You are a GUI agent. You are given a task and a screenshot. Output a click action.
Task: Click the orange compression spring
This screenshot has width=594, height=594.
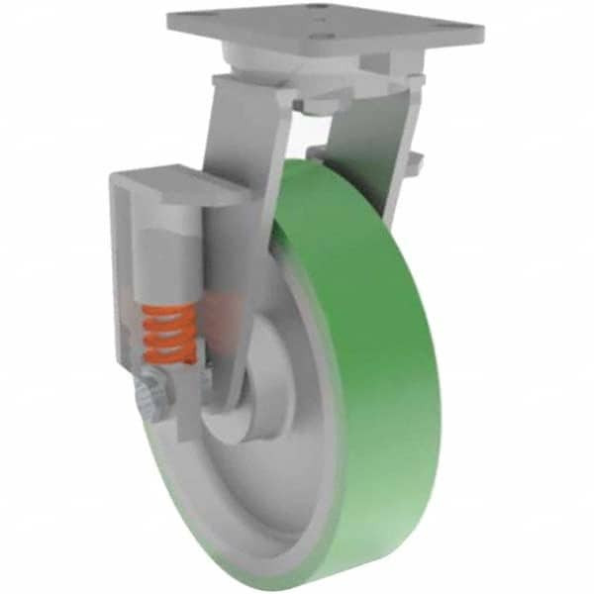coord(164,333)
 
